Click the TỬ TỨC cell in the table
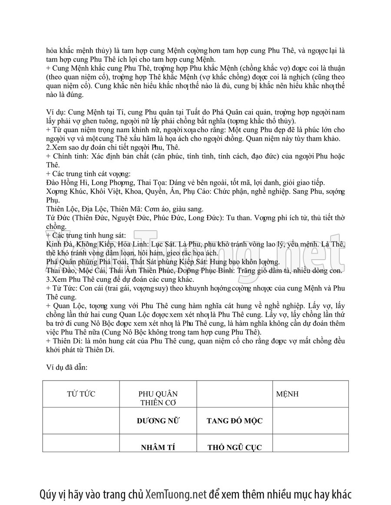coord(81,394)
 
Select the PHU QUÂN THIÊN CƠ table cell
coord(158,398)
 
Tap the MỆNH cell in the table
coord(287,394)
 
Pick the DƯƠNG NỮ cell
coord(158,420)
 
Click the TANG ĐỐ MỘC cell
coord(234,421)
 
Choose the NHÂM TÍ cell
coord(158,447)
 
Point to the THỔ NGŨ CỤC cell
coord(234,447)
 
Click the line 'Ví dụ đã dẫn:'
coord(67,367)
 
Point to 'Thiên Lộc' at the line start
coord(61,209)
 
